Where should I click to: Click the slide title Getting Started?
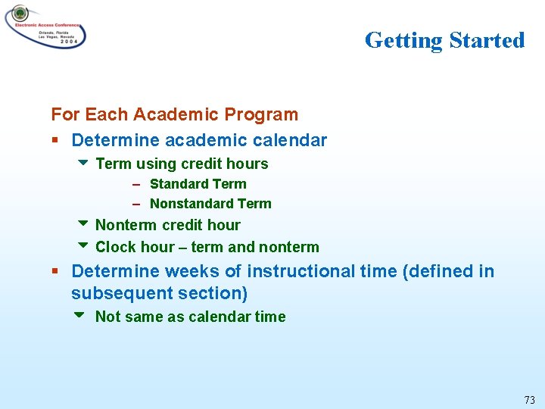point(444,40)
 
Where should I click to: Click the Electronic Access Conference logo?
point(45,27)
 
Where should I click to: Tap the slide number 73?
point(529,399)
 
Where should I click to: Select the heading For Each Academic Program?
point(174,114)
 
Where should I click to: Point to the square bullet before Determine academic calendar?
point(55,140)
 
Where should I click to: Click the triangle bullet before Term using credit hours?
point(83,163)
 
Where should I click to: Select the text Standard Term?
point(198,184)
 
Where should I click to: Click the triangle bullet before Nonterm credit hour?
point(83,224)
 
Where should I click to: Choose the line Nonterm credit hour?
point(167,225)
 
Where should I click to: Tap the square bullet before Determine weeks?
point(55,271)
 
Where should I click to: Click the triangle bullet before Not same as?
point(83,316)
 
